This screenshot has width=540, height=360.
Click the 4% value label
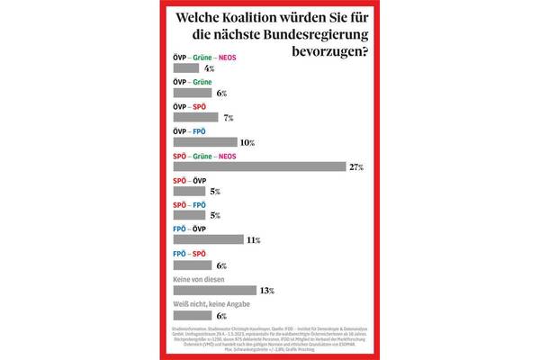(210, 68)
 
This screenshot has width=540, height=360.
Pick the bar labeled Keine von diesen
(213, 291)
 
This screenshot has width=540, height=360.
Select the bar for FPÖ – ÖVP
(207, 240)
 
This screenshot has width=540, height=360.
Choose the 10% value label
(247, 143)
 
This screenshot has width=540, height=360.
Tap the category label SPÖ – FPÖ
(188, 205)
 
